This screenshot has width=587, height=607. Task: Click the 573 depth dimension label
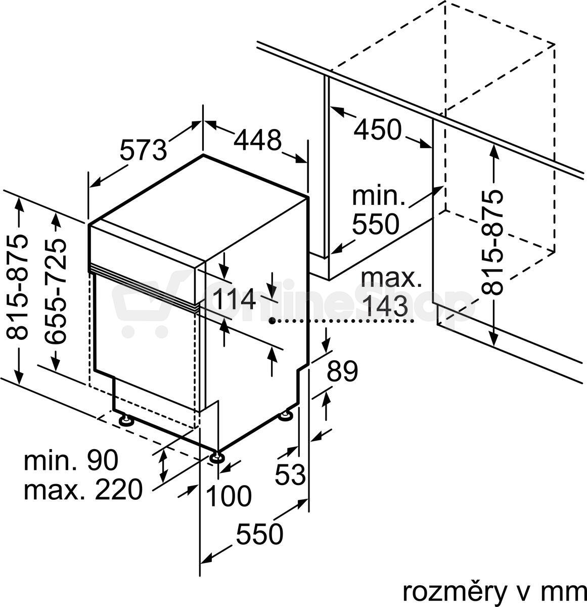point(144,150)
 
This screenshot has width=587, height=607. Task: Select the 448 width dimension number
point(257,140)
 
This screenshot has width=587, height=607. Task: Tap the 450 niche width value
point(378,129)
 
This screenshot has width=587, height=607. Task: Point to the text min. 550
point(378,210)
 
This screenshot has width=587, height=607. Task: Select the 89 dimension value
point(342,371)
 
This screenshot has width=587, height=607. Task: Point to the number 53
point(290,474)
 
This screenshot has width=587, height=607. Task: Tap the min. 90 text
point(71,460)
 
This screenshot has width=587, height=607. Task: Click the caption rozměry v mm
point(494,591)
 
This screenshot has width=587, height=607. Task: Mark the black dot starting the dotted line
point(272,320)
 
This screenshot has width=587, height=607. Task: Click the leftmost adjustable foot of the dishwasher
point(126,420)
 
